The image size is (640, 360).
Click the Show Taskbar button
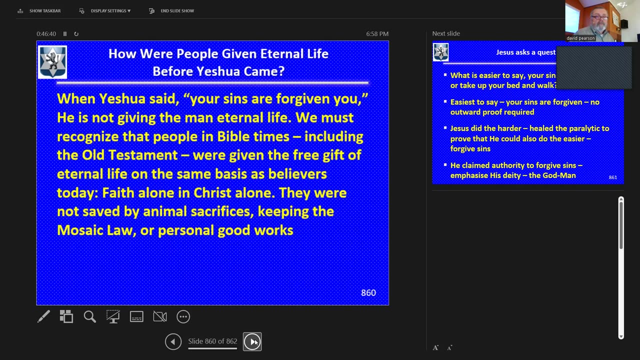(x=39, y=10)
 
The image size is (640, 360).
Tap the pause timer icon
(x=65, y=34)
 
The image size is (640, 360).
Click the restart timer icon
(x=76, y=34)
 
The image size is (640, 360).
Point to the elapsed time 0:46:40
(x=46, y=34)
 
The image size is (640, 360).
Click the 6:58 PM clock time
(x=377, y=34)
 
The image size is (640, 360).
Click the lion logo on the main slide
(x=52, y=62)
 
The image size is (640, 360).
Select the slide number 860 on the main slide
(x=368, y=293)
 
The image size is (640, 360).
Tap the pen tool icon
(x=43, y=316)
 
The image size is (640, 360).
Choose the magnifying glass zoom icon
(x=89, y=316)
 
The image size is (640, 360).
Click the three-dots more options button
(x=183, y=316)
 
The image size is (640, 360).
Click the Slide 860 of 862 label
(x=212, y=341)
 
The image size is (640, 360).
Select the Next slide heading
(x=446, y=33)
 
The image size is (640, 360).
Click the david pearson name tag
(x=580, y=38)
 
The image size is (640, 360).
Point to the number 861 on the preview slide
(x=612, y=177)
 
